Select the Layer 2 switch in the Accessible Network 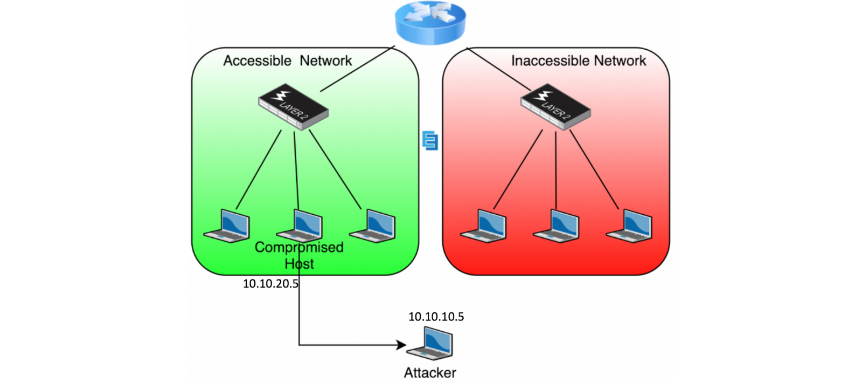[293, 107]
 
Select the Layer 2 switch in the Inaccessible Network [555, 107]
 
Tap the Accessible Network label [288, 61]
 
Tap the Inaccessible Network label [579, 61]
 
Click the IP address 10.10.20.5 [270, 284]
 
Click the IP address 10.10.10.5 [436, 317]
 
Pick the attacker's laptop [430, 344]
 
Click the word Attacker [430, 373]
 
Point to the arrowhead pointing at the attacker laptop [401, 345]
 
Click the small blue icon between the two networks [430, 140]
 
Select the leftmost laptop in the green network [227, 226]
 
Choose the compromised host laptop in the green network [300, 226]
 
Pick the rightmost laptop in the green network [372, 226]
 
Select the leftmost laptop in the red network [483, 226]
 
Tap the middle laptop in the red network [556, 226]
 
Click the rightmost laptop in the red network [629, 226]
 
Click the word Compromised [299, 248]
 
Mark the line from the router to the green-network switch [358, 69]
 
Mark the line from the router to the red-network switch [499, 69]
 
